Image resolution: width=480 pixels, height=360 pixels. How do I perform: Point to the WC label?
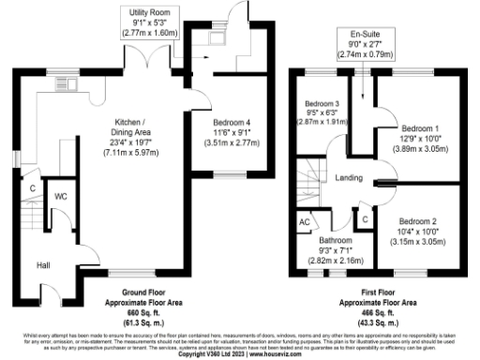coord(60,197)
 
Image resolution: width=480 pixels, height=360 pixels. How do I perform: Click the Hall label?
coord(44,265)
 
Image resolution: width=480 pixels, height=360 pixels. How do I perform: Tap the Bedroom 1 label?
coord(418,127)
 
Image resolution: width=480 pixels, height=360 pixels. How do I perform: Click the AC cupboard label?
coord(303,222)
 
